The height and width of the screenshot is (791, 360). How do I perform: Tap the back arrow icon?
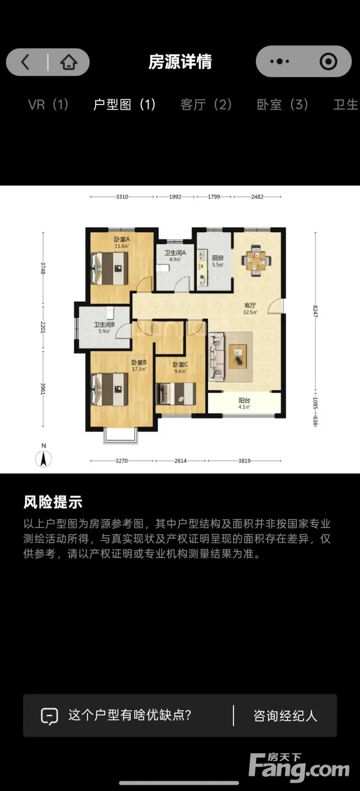pos(25,62)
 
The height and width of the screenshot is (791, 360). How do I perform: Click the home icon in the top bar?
pos(68,62)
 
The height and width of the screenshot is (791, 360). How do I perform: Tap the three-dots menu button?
pos(279,62)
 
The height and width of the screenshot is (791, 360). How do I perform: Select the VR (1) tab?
pos(48,105)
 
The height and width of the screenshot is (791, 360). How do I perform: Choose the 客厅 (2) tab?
pos(206,105)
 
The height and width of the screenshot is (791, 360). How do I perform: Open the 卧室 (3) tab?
pos(282,105)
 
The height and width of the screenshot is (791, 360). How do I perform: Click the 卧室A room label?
pos(122,239)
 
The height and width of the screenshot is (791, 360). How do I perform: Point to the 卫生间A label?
pos(175,253)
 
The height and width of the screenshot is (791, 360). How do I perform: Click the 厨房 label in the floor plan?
pos(218,258)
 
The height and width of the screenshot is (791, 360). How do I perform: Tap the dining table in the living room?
pos(257,261)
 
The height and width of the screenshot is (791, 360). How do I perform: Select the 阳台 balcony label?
pos(244,401)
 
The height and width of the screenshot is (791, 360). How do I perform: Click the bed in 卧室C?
pos(176,394)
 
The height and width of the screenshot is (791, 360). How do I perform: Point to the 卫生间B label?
pos(104,324)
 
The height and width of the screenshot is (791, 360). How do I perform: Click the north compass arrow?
pos(44,459)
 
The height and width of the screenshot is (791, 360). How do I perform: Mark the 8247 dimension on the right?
pos(315,311)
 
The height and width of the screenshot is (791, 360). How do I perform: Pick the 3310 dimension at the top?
pos(122,197)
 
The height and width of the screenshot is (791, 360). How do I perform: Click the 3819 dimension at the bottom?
pos(245,461)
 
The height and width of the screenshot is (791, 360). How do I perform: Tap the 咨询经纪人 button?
pos(285,716)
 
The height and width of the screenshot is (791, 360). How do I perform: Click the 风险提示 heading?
pos(53,502)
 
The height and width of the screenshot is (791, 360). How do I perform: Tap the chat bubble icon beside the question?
pos(50,716)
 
